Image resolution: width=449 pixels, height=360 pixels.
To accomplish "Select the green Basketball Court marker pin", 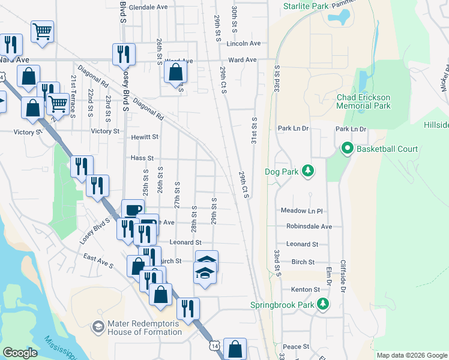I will pyautogui.click(x=346, y=148).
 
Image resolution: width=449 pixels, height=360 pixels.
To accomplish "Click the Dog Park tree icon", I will pyautogui.click(x=308, y=172).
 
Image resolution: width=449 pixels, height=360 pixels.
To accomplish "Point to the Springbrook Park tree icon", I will pyautogui.click(x=323, y=305).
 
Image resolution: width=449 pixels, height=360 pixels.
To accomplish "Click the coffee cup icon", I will pyautogui.click(x=133, y=210).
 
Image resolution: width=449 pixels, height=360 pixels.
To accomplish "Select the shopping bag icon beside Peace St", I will pyautogui.click(x=237, y=349).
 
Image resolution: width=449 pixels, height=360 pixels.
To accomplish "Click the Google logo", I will pyautogui.click(x=20, y=353).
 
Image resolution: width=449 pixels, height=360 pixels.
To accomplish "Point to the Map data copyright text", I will pyautogui.click(x=411, y=355).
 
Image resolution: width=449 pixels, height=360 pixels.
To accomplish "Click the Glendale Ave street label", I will pyautogui.click(x=147, y=7).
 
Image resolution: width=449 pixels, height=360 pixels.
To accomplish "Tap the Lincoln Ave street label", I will pyautogui.click(x=244, y=44).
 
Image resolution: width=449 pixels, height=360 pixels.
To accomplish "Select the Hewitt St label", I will pyautogui.click(x=145, y=137).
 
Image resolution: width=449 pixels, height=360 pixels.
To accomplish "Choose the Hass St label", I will pyautogui.click(x=142, y=158).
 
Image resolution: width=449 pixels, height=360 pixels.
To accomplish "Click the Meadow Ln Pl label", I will pyautogui.click(x=302, y=211).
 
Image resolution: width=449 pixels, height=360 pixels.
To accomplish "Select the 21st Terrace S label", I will pyautogui.click(x=73, y=89).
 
